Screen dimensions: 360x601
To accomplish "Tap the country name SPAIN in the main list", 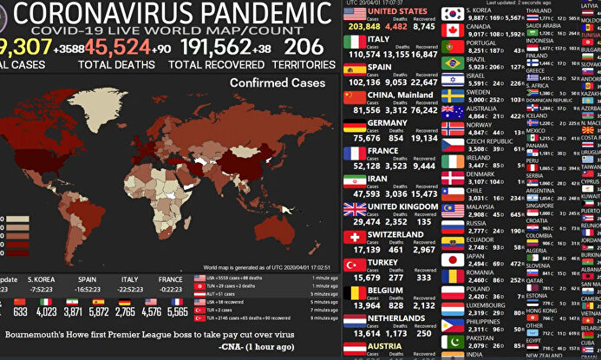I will (379, 67).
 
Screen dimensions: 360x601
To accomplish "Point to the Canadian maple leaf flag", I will (452, 31).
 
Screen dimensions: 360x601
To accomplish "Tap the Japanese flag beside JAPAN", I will (452, 259).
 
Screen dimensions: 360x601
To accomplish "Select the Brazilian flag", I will (452, 63).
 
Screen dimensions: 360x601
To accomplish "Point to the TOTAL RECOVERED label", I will (216, 64).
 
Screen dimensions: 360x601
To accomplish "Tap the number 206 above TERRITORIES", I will (303, 48).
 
